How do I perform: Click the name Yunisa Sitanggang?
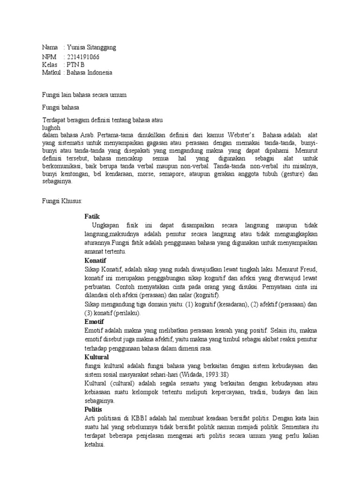tap(91, 48)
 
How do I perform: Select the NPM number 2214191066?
tap(83, 57)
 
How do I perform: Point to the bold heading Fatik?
tap(92, 216)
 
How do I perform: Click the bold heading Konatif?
tap(96, 260)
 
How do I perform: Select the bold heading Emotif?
tap(94, 322)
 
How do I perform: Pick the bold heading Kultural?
tap(96, 357)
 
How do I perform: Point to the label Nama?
tap(50, 48)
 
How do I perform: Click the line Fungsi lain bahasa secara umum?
tap(84, 95)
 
